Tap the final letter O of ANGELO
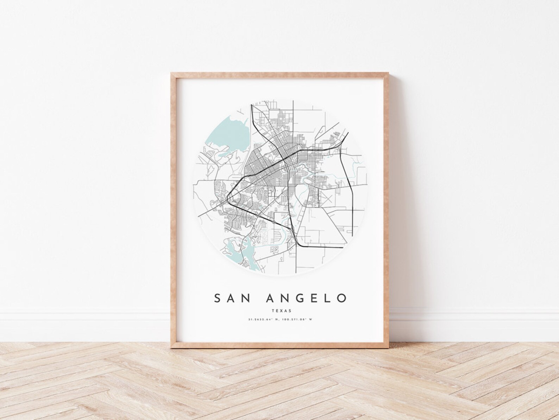pos(341,298)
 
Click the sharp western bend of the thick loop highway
pos(229,197)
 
